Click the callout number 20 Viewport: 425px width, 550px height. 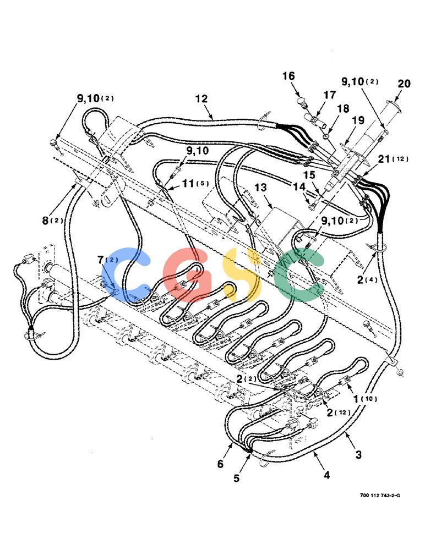(404, 84)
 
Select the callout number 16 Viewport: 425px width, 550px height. (288, 76)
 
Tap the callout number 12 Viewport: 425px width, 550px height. (201, 98)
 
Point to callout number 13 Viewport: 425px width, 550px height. (260, 188)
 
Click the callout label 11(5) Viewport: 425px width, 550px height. (195, 183)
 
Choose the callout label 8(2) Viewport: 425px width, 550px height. (53, 221)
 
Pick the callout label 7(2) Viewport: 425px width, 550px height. (108, 260)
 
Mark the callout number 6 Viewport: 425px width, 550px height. (220, 464)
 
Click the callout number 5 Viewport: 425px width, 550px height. (236, 478)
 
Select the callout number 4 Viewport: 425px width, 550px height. (326, 475)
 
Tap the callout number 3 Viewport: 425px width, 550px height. (358, 455)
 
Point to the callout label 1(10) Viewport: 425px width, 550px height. (366, 399)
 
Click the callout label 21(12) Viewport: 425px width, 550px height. (393, 159)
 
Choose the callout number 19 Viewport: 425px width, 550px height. (358, 120)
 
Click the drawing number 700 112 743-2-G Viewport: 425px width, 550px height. (380, 496)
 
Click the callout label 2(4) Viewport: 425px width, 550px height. (367, 280)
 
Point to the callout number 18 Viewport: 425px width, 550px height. (343, 108)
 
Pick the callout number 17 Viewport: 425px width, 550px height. (330, 95)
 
